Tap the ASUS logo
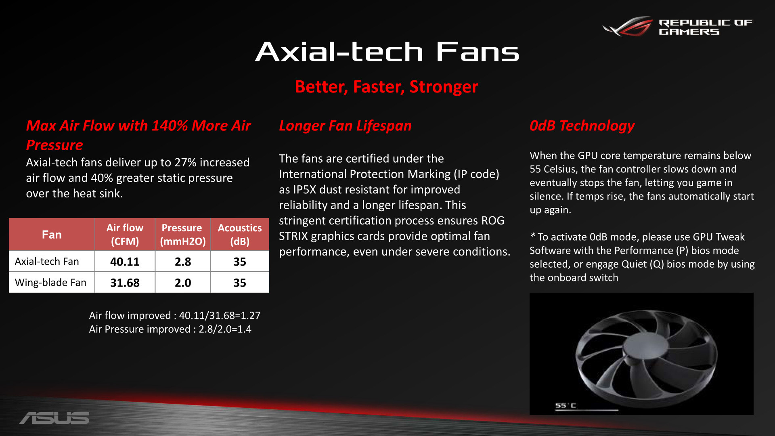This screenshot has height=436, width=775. pyautogui.click(x=54, y=418)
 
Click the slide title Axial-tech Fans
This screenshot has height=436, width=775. pyautogui.click(x=387, y=52)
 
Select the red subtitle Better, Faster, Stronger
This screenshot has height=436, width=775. pyautogui.click(x=386, y=87)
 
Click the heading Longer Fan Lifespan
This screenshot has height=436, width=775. pyautogui.click(x=345, y=126)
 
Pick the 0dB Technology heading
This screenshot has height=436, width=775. pyautogui.click(x=582, y=126)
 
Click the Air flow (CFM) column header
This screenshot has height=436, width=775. pyautogui.click(x=125, y=235)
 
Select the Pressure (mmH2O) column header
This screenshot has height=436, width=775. pyautogui.click(x=183, y=235)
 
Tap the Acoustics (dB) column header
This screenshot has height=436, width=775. pyautogui.click(x=240, y=235)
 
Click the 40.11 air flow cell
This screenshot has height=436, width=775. pyautogui.click(x=125, y=262)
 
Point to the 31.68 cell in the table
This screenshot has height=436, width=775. pyautogui.click(x=125, y=283)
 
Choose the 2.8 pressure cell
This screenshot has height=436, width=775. pyautogui.click(x=183, y=262)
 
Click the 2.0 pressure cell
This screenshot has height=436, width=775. pyautogui.click(x=183, y=283)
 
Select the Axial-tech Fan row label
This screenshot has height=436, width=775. pyautogui.click(x=47, y=262)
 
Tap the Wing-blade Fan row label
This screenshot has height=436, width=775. pyautogui.click(x=50, y=283)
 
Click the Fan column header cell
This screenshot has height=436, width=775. pyautogui.click(x=52, y=235)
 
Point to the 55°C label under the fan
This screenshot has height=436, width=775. pyautogui.click(x=566, y=405)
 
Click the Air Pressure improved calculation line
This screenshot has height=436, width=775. pyautogui.click(x=170, y=329)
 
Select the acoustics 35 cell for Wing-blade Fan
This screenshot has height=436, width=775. pyautogui.click(x=240, y=283)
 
